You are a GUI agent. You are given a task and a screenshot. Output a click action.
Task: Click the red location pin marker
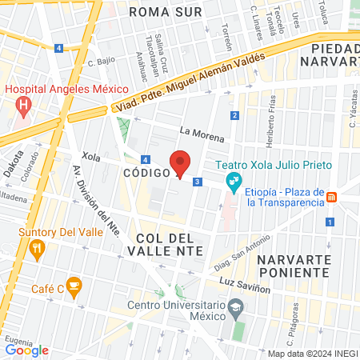pyautogui.click(x=181, y=162)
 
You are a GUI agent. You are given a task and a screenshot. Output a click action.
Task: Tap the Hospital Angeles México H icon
pyautogui.click(x=23, y=105)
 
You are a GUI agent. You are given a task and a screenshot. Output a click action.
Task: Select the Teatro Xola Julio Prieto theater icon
pyautogui.click(x=234, y=181)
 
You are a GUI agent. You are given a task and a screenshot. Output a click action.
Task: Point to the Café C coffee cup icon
pyautogui.click(x=74, y=285)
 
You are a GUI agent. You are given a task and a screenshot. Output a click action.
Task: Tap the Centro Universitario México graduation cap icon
pyautogui.click(x=236, y=306)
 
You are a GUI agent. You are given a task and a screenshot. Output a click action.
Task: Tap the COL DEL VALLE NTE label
pyautogui.click(x=166, y=244)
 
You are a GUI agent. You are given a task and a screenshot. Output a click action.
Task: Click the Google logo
pyautogui.click(x=27, y=350)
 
